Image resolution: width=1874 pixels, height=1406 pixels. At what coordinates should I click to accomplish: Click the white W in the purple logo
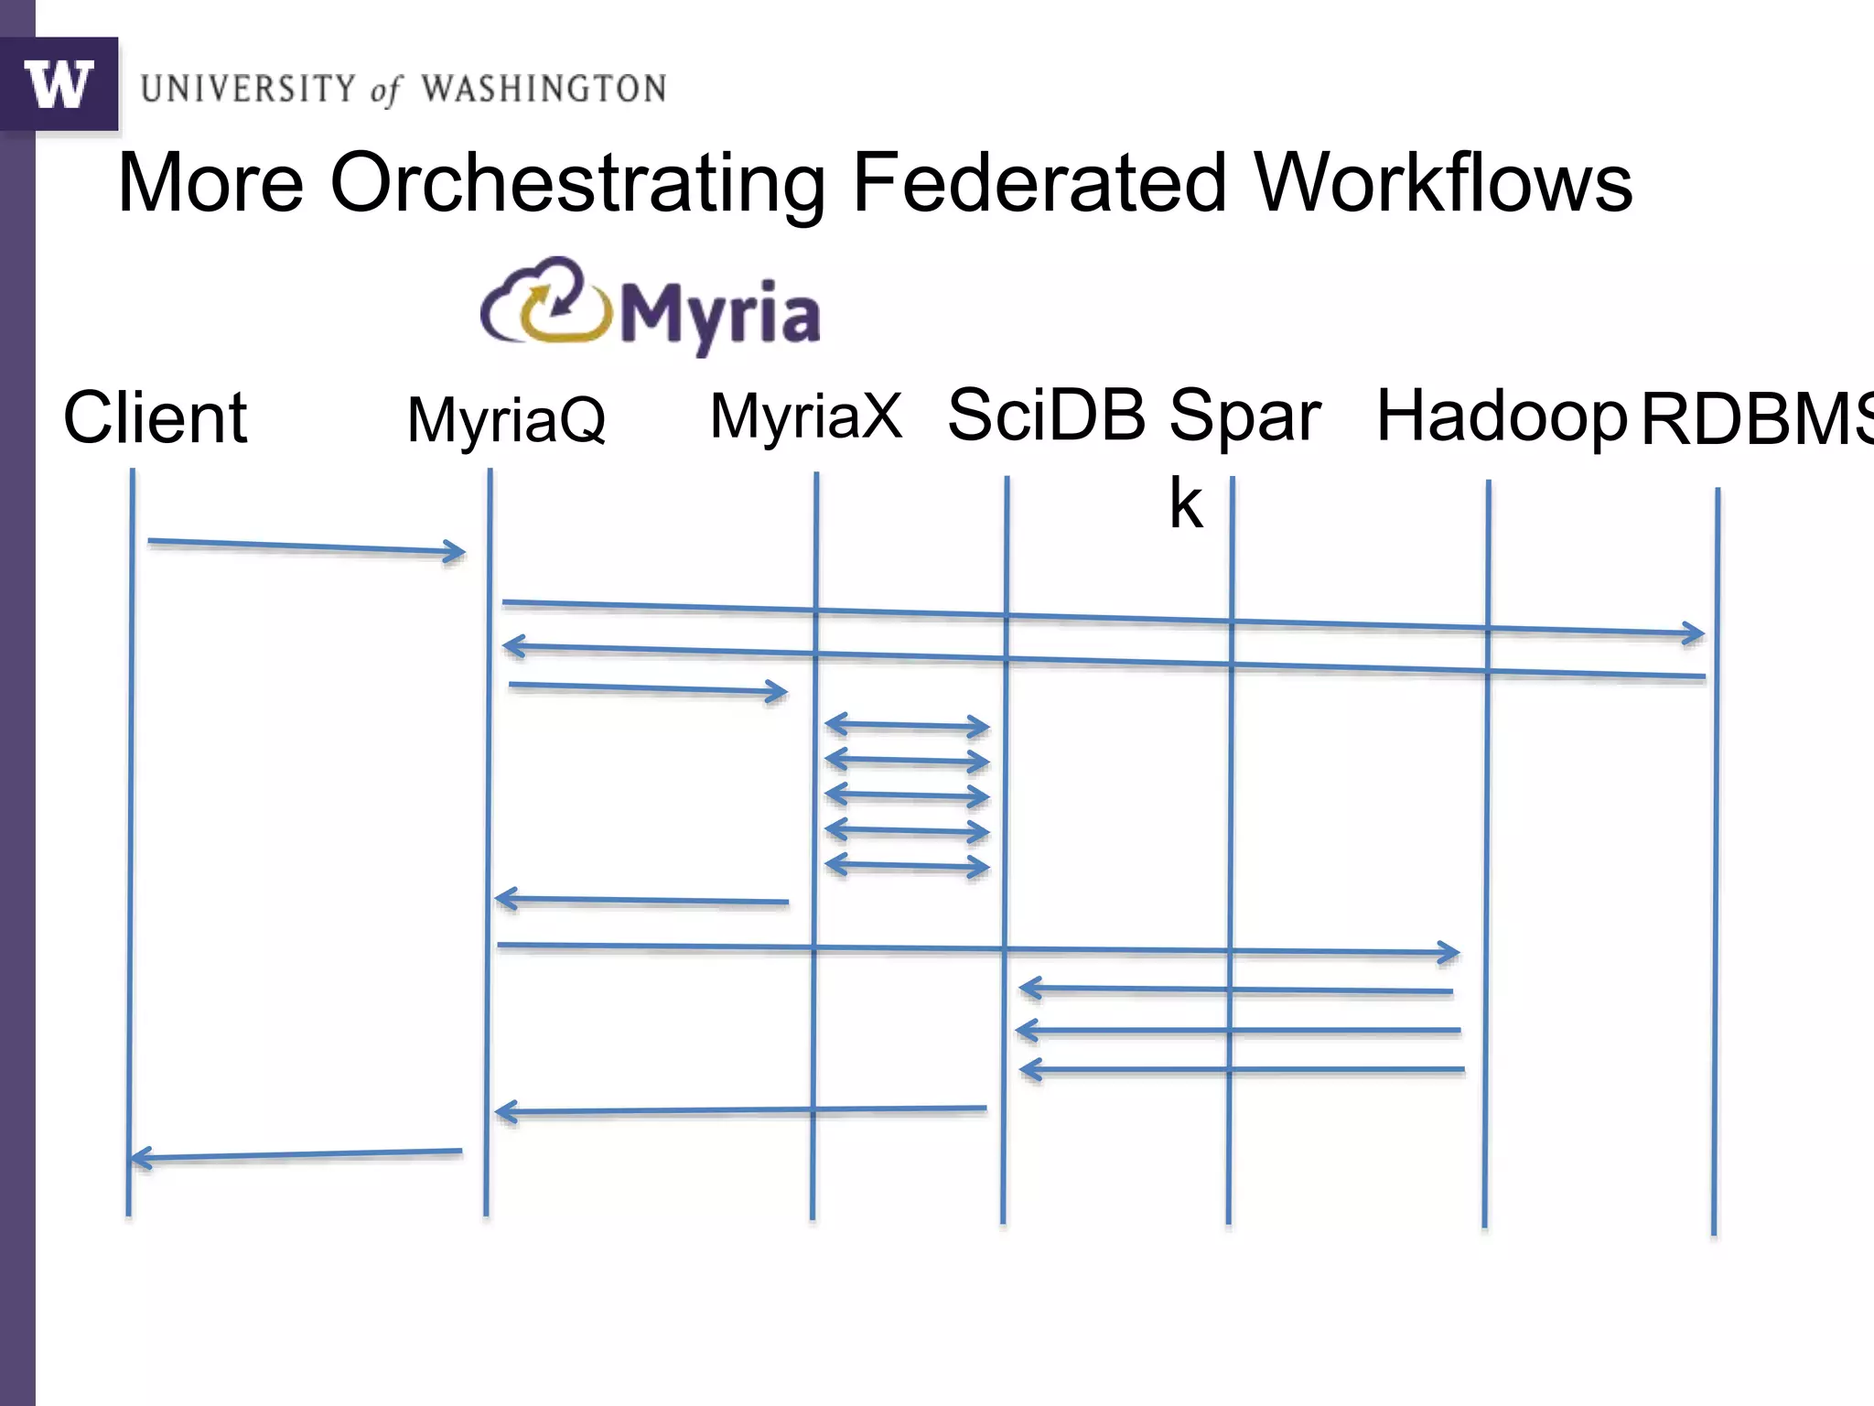[x=59, y=84]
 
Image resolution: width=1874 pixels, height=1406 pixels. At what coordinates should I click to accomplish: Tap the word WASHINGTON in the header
[x=544, y=89]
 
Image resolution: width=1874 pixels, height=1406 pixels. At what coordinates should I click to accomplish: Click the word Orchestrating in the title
[x=576, y=183]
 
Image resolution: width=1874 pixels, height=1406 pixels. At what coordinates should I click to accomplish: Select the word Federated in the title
[x=1039, y=183]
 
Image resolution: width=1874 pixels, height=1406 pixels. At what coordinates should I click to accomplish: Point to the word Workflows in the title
[x=1443, y=183]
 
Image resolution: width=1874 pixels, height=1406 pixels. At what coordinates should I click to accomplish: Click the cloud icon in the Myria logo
[x=545, y=302]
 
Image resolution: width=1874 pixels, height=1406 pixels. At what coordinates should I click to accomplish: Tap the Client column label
[x=155, y=418]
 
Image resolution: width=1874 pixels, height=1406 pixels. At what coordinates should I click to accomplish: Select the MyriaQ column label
[x=506, y=420]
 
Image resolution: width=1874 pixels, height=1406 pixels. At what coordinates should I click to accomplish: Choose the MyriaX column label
[x=806, y=416]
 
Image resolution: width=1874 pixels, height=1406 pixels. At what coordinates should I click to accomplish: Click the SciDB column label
[x=1046, y=415]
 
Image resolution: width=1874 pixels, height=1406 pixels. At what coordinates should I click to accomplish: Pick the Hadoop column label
[x=1502, y=416]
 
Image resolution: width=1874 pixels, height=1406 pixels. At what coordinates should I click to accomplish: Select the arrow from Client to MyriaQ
[x=306, y=547]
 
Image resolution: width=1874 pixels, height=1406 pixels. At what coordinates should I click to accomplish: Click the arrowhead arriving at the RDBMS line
[x=1693, y=633]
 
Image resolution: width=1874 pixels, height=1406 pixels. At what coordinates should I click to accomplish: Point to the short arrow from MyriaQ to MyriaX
[x=647, y=688]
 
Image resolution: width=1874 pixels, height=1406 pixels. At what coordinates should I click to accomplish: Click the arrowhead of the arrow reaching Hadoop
[x=1448, y=953]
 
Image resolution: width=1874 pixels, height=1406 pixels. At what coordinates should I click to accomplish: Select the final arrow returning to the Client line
[x=296, y=1154]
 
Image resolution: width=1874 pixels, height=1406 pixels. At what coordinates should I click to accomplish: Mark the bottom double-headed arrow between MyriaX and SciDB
[x=907, y=866]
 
